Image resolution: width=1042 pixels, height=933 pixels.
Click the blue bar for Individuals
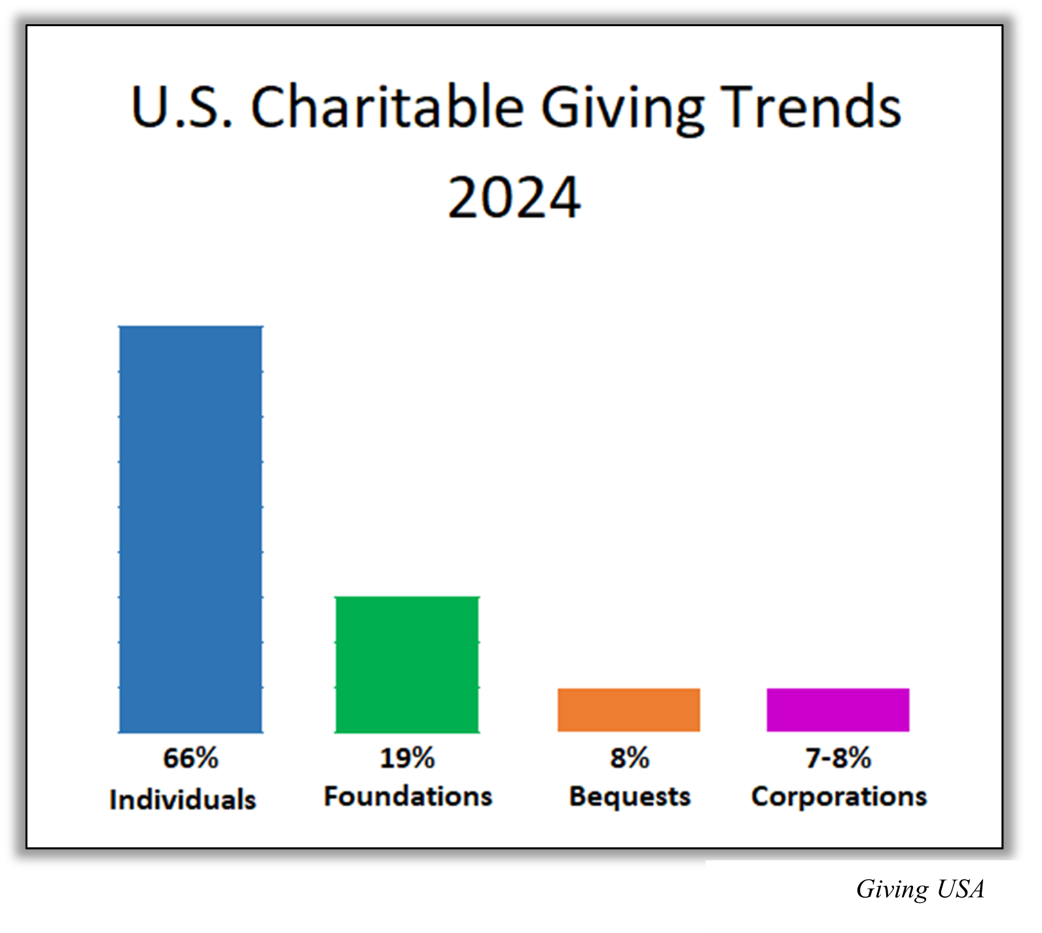190,529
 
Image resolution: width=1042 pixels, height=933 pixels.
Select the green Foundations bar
407,664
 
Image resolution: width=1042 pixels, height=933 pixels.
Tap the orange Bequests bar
629,710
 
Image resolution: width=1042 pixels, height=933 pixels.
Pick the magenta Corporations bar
838,710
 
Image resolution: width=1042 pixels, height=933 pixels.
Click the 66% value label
190,758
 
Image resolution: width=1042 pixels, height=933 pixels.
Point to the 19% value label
407,758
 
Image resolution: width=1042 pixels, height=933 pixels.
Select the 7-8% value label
838,758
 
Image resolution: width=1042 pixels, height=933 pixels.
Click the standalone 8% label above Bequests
630,758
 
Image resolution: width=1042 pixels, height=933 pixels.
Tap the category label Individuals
183,799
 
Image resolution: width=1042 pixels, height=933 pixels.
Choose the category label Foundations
408,797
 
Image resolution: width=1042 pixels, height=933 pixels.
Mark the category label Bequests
630,797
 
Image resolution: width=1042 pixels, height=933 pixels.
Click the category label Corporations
839,797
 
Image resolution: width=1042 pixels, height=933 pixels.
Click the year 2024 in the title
514,198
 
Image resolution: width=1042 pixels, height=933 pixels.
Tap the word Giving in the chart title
622,109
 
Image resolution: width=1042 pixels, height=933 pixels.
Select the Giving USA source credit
920,889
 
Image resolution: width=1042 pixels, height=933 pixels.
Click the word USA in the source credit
960,889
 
